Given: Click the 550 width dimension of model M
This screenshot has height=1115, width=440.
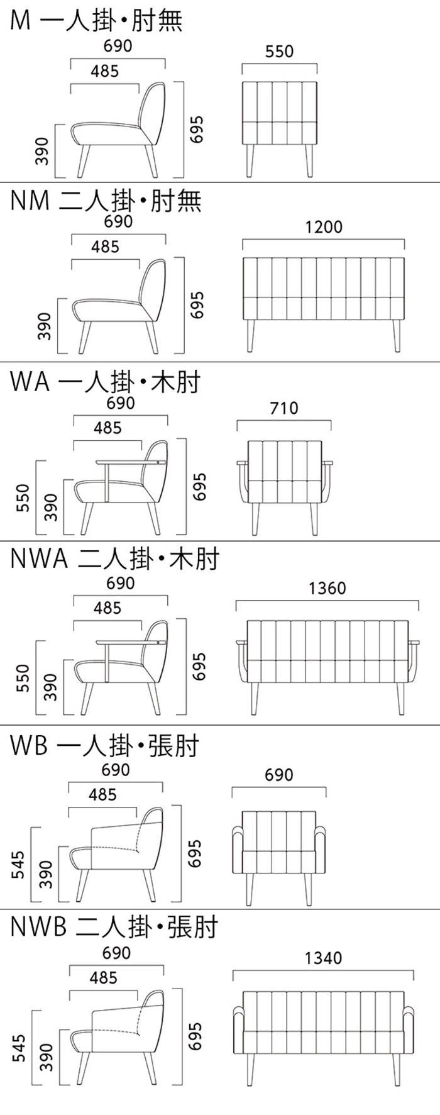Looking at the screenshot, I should point(279,52).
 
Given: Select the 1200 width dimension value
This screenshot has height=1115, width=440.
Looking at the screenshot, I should point(324,226).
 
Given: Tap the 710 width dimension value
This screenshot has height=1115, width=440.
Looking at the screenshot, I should point(283,408).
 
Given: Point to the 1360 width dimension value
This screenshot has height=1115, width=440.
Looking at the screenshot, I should point(327,588).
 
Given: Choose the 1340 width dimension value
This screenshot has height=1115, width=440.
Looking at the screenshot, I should point(323,958).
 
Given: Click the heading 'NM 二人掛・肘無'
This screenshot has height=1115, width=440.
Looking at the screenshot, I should point(106,201).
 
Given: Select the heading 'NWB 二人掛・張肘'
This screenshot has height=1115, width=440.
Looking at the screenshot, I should point(114,927).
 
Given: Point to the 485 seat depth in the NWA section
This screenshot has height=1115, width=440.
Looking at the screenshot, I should point(107,608).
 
